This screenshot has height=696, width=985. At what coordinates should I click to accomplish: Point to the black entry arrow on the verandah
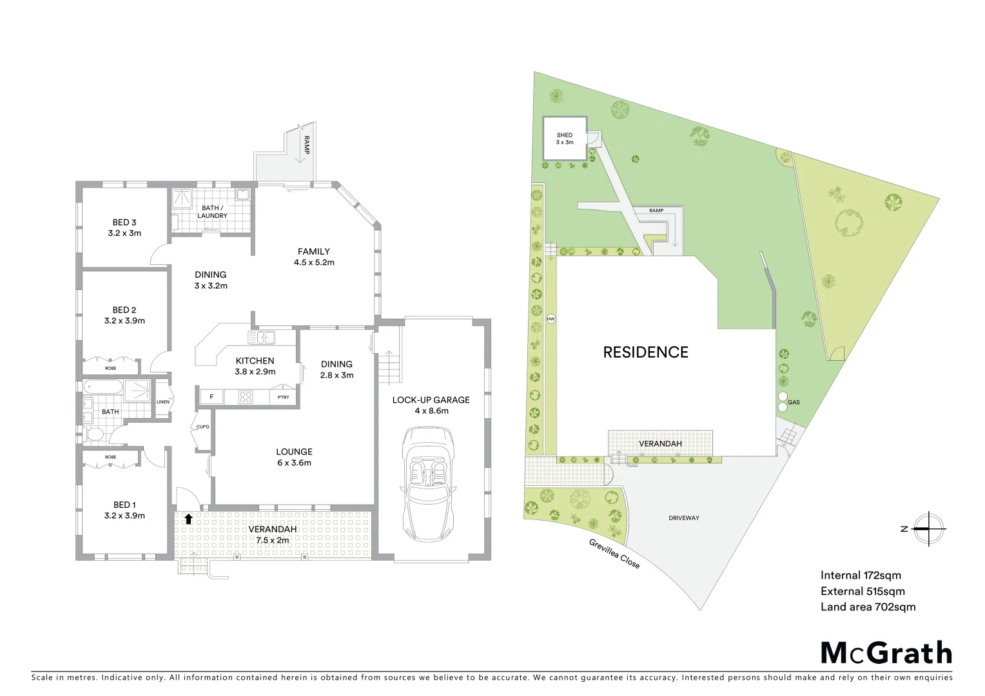pos(188,519)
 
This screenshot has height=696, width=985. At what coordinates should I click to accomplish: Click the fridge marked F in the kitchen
pos(211,397)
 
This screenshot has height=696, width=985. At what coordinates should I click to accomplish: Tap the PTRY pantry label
pos(282,398)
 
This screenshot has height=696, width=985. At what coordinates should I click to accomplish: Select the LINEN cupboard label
pos(163,402)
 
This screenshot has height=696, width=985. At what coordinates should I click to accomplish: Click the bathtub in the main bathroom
pos(102,387)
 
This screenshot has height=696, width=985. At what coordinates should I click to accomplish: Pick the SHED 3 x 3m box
pos(564,139)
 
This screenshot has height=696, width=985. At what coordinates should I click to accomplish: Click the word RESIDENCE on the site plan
pos(645,352)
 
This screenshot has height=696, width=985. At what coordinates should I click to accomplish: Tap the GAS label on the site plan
pos(793,402)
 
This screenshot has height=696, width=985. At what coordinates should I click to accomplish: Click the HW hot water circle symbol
pos(551,319)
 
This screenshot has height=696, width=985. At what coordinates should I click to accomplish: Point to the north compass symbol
pos(928,528)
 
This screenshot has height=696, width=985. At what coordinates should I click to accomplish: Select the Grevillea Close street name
pos(614,554)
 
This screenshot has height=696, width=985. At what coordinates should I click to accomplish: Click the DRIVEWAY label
pos(683,517)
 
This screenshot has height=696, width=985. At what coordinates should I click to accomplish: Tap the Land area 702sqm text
pos(868,606)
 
